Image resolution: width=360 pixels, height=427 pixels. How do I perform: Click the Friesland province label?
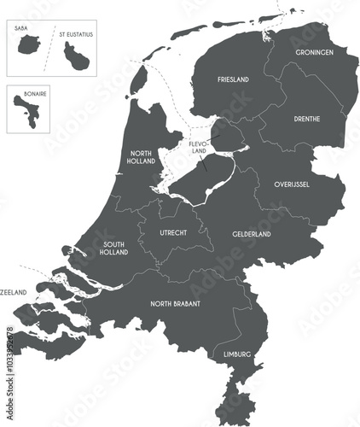(x=233, y=79)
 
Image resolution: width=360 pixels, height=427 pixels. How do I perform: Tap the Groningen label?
(x=315, y=52)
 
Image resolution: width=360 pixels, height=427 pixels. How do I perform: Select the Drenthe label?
(x=306, y=119)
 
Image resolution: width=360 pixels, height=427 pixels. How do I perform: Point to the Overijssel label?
(x=292, y=184)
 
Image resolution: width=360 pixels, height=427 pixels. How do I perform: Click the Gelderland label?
(x=252, y=233)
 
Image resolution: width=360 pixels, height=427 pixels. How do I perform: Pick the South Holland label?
(x=113, y=248)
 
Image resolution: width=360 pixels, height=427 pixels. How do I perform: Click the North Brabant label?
(x=175, y=303)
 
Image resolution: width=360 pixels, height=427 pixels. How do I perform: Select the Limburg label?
(x=237, y=353)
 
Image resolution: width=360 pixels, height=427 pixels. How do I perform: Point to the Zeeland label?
(x=14, y=293)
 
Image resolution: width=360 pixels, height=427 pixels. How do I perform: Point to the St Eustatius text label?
(x=76, y=35)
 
